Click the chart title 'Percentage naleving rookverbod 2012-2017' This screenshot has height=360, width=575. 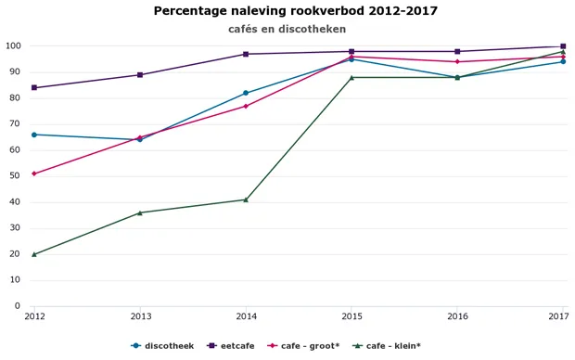pos(295,11)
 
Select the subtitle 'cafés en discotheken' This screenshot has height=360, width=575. pos(287,29)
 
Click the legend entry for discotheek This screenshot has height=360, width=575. pos(168,346)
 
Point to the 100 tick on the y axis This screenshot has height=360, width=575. pos(13,46)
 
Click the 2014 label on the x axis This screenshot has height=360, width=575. pos(246,317)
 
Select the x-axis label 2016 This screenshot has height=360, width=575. pos(457,317)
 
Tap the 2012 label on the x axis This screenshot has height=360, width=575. pos(34,317)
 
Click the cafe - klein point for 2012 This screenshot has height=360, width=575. pos(34,254)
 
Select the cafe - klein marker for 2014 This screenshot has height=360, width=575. pos(246,199)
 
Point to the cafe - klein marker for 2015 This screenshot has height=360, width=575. pos(351,77)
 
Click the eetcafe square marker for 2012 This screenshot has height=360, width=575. pos(34,88)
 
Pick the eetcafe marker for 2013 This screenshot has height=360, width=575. pos(140,75)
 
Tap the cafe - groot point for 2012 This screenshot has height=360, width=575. pos(34,174)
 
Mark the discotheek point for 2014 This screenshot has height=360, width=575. pos(246,93)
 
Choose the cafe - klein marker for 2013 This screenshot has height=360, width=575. pos(140,212)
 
